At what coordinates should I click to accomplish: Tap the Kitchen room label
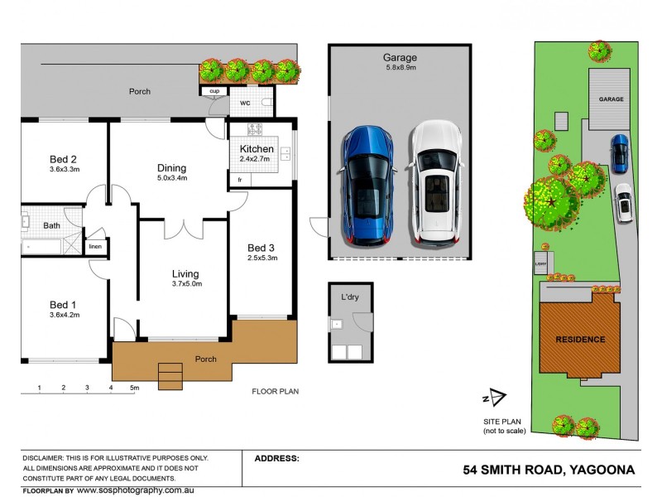257,149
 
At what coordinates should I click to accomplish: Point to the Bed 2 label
63,160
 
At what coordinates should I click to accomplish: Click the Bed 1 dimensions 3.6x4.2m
63,315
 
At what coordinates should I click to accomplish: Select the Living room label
185,274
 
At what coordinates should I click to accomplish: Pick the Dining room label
172,168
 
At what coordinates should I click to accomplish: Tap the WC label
245,104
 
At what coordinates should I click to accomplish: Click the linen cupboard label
95,246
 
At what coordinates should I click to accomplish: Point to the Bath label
52,225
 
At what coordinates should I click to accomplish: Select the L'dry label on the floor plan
350,296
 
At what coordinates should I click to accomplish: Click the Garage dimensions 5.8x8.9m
400,69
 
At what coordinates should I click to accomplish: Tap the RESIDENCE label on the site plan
579,340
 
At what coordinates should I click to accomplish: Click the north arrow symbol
495,398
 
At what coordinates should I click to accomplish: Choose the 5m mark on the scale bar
133,388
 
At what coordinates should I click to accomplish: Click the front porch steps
170,376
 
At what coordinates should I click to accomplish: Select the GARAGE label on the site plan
611,99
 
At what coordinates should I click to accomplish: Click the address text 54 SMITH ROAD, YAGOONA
549,470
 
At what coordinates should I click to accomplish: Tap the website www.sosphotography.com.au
141,490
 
